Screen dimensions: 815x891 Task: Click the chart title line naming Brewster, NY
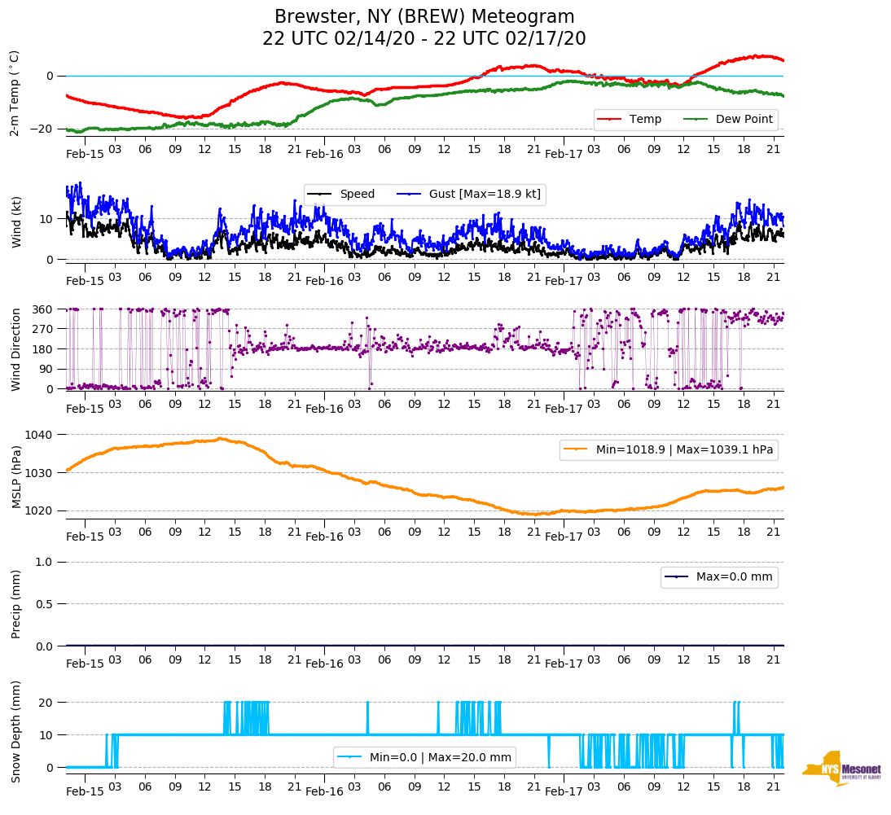pyautogui.click(x=424, y=17)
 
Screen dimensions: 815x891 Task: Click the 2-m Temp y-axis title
pyautogui.click(x=14, y=92)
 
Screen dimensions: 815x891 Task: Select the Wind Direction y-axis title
pyautogui.click(x=15, y=348)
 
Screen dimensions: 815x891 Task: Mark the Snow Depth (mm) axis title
pyautogui.click(x=15, y=731)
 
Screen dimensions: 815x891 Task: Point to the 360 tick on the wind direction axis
pyautogui.click(x=43, y=309)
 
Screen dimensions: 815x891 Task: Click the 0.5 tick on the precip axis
pyautogui.click(x=45, y=604)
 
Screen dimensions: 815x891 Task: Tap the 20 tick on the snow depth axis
pyautogui.click(x=47, y=703)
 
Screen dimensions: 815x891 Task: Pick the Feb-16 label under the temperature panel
pyautogui.click(x=325, y=153)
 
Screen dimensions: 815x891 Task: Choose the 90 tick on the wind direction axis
pyautogui.click(x=47, y=369)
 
